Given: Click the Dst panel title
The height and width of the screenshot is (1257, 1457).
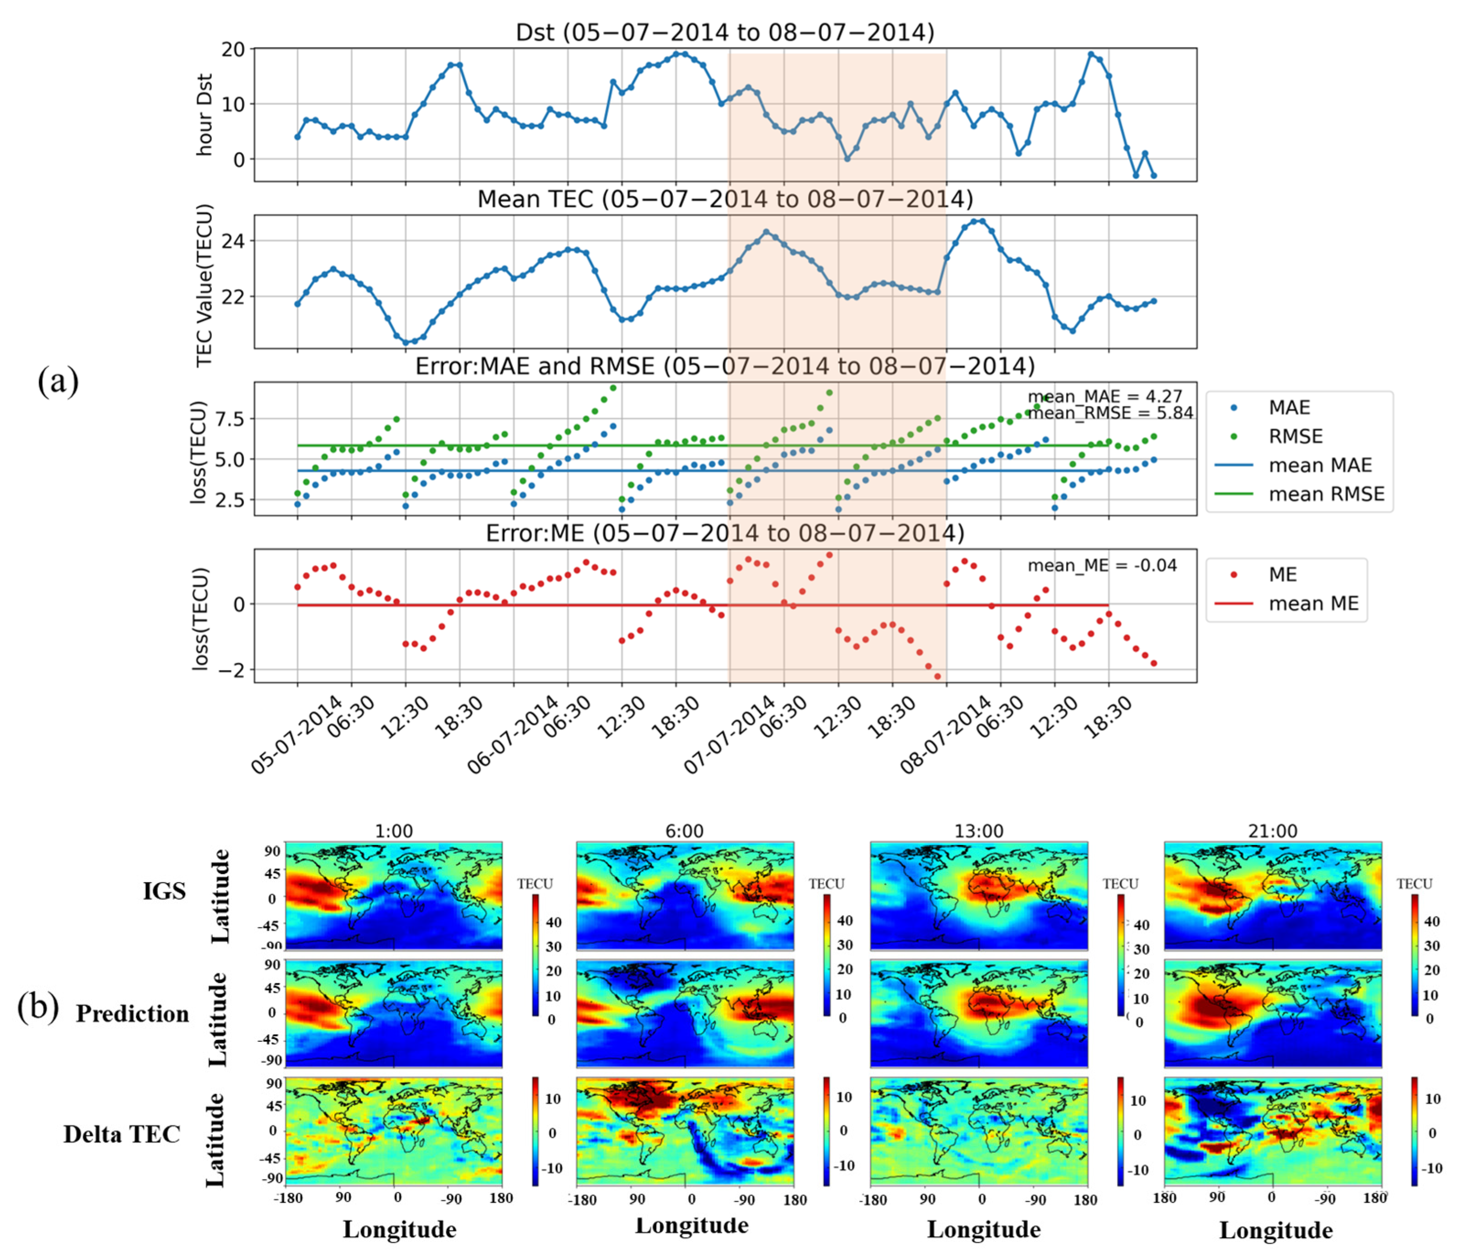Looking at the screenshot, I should [724, 32].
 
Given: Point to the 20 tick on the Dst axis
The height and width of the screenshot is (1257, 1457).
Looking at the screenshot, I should [233, 49].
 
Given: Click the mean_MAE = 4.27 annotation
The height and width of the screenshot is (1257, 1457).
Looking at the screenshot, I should [1105, 396].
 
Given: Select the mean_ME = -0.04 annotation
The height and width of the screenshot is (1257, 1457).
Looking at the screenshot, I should [1101, 565].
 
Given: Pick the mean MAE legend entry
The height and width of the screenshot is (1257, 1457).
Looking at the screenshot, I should [1320, 465].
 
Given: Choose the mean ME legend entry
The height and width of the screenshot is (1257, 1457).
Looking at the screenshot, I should [1313, 604].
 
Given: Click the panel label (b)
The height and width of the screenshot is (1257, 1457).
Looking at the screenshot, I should [38, 1006].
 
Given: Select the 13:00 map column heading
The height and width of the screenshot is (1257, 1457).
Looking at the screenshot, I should [978, 831].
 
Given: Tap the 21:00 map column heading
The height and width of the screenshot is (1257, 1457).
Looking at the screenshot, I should [1272, 831].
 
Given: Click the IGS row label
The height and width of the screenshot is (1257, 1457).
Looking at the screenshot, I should [165, 891].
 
